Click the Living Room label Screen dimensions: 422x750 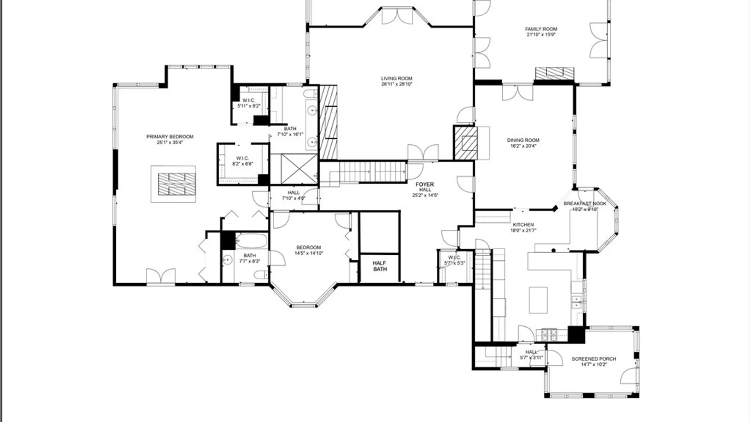pos(396,79)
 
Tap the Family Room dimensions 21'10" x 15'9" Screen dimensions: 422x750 pos(541,35)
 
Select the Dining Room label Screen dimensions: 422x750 pos(523,140)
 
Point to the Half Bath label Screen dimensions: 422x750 pos(380,266)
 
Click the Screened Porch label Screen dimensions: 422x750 pos(593,359)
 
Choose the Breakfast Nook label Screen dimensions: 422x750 pos(585,204)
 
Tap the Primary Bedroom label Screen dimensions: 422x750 pos(170,137)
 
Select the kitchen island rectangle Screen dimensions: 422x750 pos(538,300)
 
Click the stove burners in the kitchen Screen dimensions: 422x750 pos(549,334)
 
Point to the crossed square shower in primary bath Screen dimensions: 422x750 pos(299,169)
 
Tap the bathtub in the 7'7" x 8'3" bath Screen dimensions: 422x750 pos(252,241)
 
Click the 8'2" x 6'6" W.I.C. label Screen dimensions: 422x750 pos(243,161)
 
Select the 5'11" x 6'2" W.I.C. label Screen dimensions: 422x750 pos(249,103)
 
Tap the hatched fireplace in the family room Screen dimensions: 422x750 pos(554,73)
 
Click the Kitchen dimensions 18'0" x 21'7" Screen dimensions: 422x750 pos(523,231)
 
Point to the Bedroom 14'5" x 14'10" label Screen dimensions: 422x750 pos(309,250)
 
